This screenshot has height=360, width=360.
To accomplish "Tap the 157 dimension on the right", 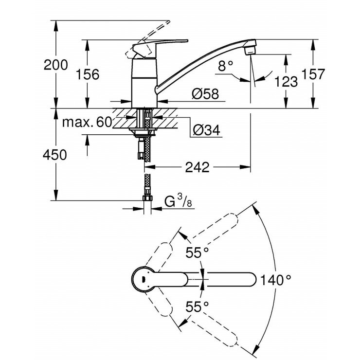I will coord(325,74).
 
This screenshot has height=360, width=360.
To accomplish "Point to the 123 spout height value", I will coord(286,81).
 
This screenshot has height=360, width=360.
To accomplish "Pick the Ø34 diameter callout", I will coord(204,130).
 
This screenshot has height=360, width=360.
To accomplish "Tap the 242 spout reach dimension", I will coord(197,167).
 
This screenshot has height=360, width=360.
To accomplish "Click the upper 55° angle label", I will coord(198,252).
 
